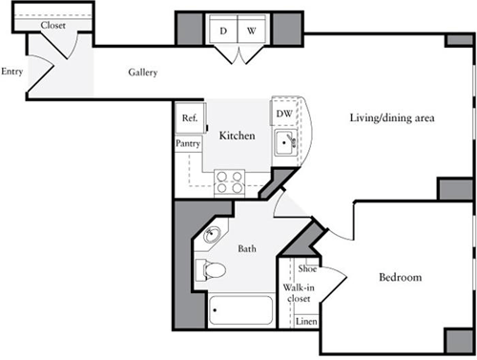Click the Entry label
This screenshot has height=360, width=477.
click(x=12, y=71)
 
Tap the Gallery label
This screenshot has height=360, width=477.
click(x=143, y=74)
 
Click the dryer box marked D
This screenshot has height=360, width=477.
click(x=223, y=32)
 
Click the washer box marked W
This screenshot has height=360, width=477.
click(x=251, y=32)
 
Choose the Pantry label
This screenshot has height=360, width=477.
click(x=188, y=142)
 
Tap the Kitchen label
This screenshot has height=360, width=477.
click(x=237, y=137)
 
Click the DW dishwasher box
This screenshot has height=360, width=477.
click(x=283, y=114)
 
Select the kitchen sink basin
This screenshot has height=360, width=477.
click(x=285, y=145)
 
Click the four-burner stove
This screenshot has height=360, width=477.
click(x=229, y=180)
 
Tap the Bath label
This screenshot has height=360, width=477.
click(x=246, y=249)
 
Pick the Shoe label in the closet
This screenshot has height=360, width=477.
click(x=307, y=269)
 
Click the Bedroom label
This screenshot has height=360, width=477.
click(x=401, y=277)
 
